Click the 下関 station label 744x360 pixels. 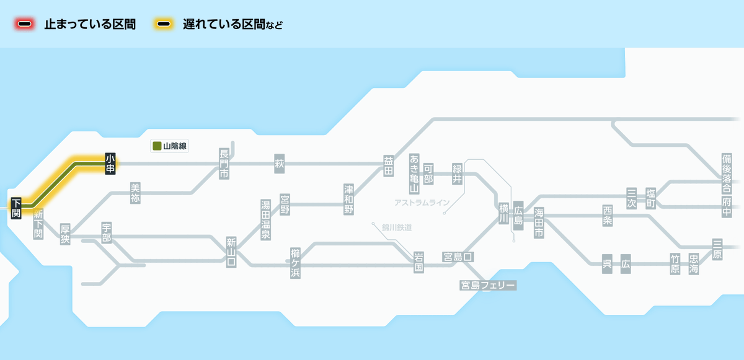click(x=16, y=208)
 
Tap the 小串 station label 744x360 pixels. click(x=110, y=164)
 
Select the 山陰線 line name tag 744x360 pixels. click(x=170, y=146)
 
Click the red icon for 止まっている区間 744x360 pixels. click(x=25, y=24)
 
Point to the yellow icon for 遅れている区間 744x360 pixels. click(x=164, y=24)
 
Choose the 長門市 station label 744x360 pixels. click(x=224, y=164)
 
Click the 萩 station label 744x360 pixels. click(x=279, y=164)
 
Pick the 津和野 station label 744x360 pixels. click(x=349, y=199)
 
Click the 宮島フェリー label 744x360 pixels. click(x=488, y=286)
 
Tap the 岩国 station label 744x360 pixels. click(x=418, y=263)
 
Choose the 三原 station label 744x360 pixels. click(x=717, y=249)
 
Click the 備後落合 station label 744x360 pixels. click(x=727, y=168)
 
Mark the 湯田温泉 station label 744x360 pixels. click(x=265, y=220)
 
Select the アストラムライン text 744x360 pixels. click(x=422, y=203)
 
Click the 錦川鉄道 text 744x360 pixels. click(x=397, y=228)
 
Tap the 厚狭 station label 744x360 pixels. click(x=65, y=234)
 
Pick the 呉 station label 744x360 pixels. click(x=607, y=263)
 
